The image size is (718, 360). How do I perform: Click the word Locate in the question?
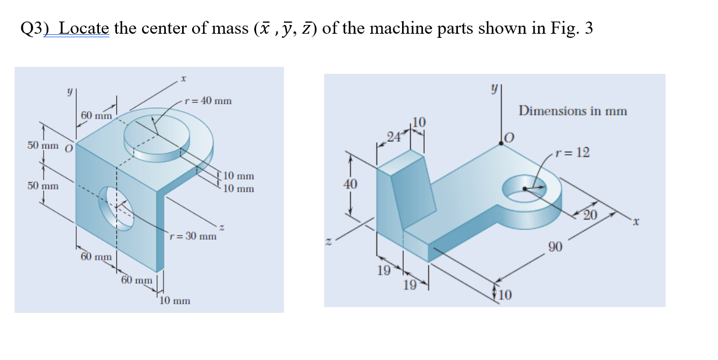click(84, 28)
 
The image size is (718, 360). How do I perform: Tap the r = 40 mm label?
click(208, 101)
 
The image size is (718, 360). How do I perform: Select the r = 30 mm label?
click(193, 236)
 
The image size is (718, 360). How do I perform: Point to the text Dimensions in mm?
click(573, 111)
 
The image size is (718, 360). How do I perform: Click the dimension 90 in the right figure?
click(555, 248)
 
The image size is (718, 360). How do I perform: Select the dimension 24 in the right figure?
click(393, 138)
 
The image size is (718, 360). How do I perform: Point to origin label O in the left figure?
click(68, 148)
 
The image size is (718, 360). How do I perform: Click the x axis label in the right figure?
click(637, 222)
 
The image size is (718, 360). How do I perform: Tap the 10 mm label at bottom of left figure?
click(175, 301)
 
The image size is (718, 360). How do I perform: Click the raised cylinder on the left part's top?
click(157, 139)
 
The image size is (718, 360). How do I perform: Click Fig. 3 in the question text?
click(571, 28)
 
